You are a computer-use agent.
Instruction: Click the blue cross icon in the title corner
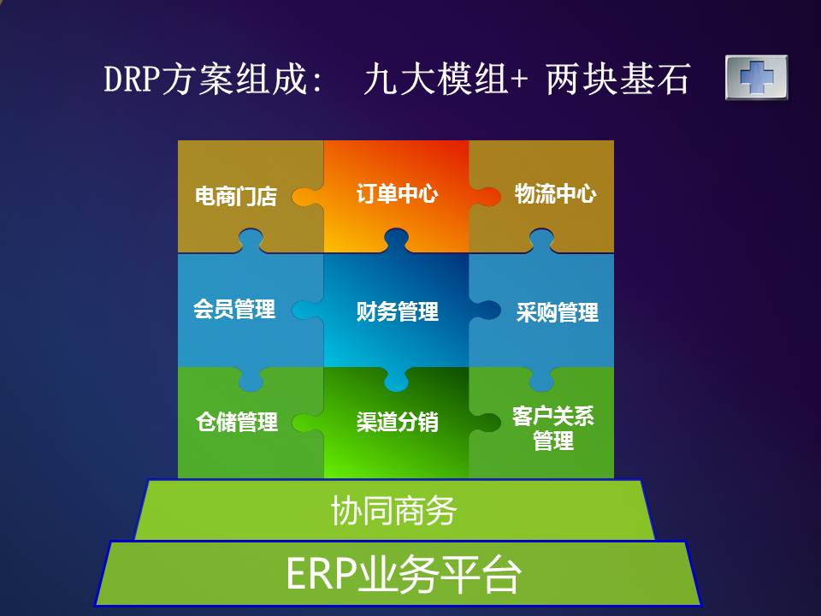point(757,77)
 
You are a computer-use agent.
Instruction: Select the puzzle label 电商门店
point(236,197)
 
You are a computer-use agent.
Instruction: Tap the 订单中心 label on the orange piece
point(397,193)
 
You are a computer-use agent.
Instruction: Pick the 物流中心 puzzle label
point(555,193)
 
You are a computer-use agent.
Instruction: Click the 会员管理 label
point(234,309)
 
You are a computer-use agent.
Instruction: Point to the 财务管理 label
point(397,311)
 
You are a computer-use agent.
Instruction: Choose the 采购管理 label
point(557,312)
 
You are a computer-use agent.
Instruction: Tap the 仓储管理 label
point(237,422)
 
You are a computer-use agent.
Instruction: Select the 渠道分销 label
point(397,422)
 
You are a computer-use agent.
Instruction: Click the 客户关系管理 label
point(553,429)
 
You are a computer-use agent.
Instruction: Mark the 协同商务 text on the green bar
point(393,511)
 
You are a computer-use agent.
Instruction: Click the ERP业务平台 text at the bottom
point(404,575)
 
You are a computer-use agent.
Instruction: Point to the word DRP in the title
point(132,79)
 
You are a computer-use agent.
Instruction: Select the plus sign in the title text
point(518,80)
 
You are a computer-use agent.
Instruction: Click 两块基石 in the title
point(617,79)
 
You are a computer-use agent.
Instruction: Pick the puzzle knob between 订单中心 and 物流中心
point(485,197)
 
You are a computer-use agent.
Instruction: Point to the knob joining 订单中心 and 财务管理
point(396,240)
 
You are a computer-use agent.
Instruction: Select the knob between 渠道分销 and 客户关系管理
point(485,422)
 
